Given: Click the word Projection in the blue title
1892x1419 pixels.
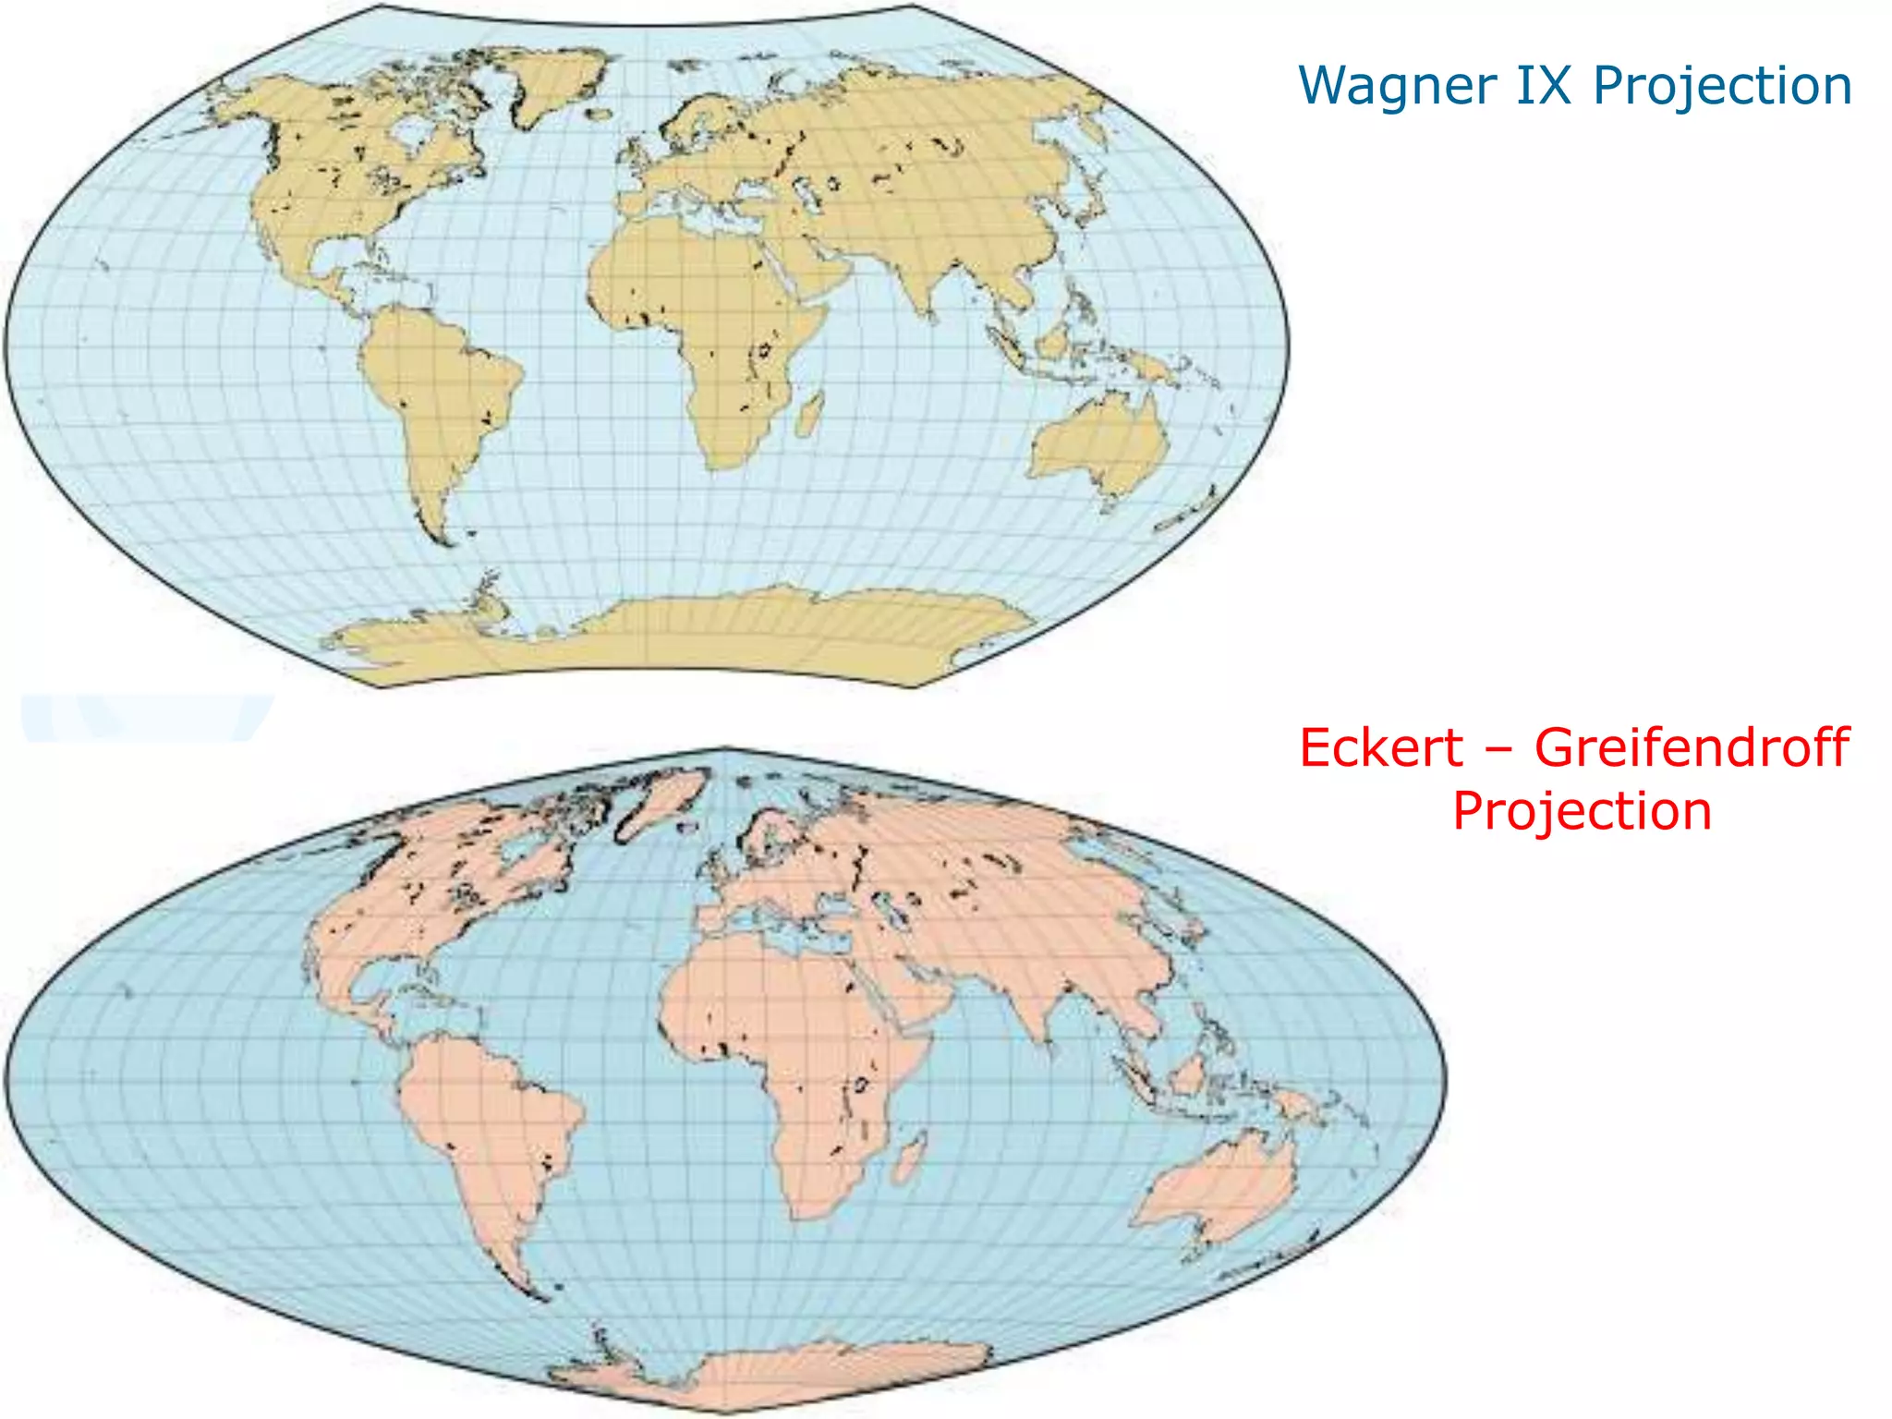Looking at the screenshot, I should pos(1723,86).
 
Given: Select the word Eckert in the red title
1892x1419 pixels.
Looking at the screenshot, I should pos(1381,747).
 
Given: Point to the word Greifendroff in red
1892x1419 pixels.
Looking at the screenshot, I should pos(1692,747).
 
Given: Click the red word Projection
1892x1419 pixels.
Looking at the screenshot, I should pos(1582,811).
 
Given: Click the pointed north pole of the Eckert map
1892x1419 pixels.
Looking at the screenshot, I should pos(725,749).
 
